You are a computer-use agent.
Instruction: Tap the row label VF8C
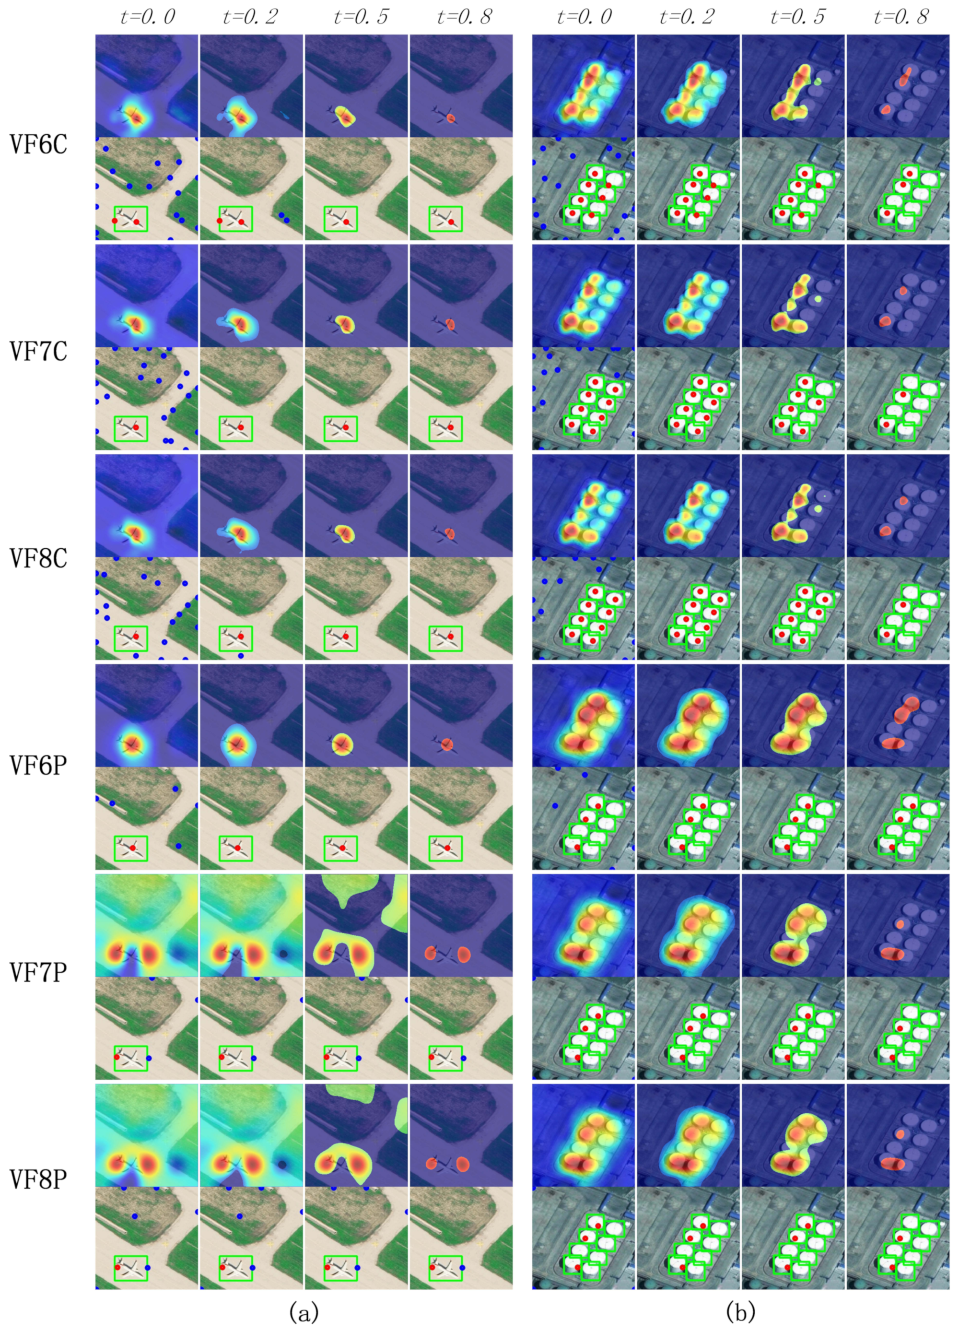[x=39, y=558]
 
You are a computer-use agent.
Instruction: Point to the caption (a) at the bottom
[x=304, y=1311]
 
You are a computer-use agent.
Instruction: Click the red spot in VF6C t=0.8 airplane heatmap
[x=450, y=118]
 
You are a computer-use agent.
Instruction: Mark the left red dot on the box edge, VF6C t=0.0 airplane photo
[x=115, y=220]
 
